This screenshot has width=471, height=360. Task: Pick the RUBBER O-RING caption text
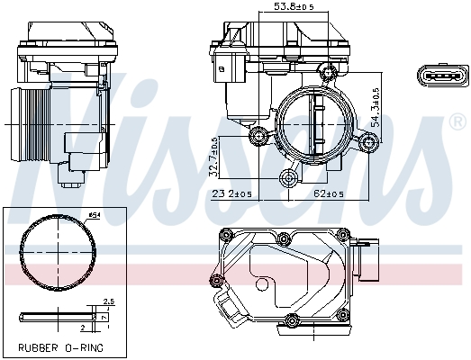click(60, 346)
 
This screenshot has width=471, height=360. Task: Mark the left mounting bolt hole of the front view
click(260, 136)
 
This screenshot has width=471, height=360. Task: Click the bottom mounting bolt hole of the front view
click(288, 176)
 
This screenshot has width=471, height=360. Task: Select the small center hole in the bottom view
click(263, 285)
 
